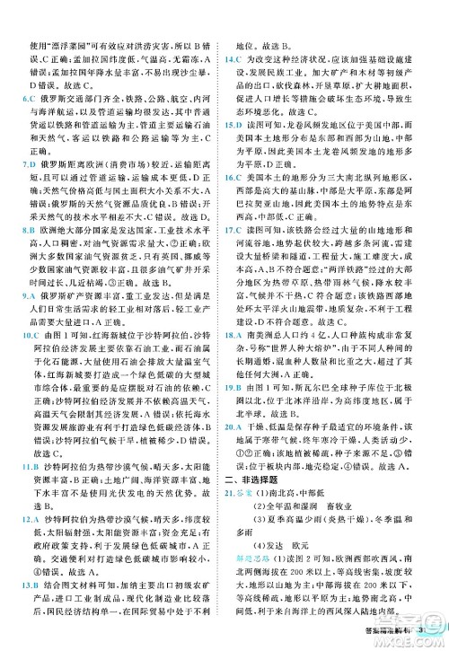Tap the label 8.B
tap(27, 231)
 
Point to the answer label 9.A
tap(27, 294)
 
